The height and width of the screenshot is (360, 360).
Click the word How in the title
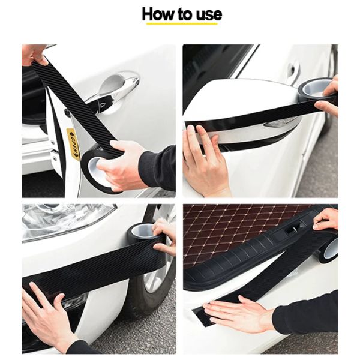pyautogui.click(x=158, y=14)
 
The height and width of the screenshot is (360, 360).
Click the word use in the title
pyautogui.click(x=206, y=14)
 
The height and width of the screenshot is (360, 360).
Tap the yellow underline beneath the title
pyautogui.click(x=180, y=24)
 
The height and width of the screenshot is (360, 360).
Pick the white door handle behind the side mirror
pyautogui.click(x=292, y=72)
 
